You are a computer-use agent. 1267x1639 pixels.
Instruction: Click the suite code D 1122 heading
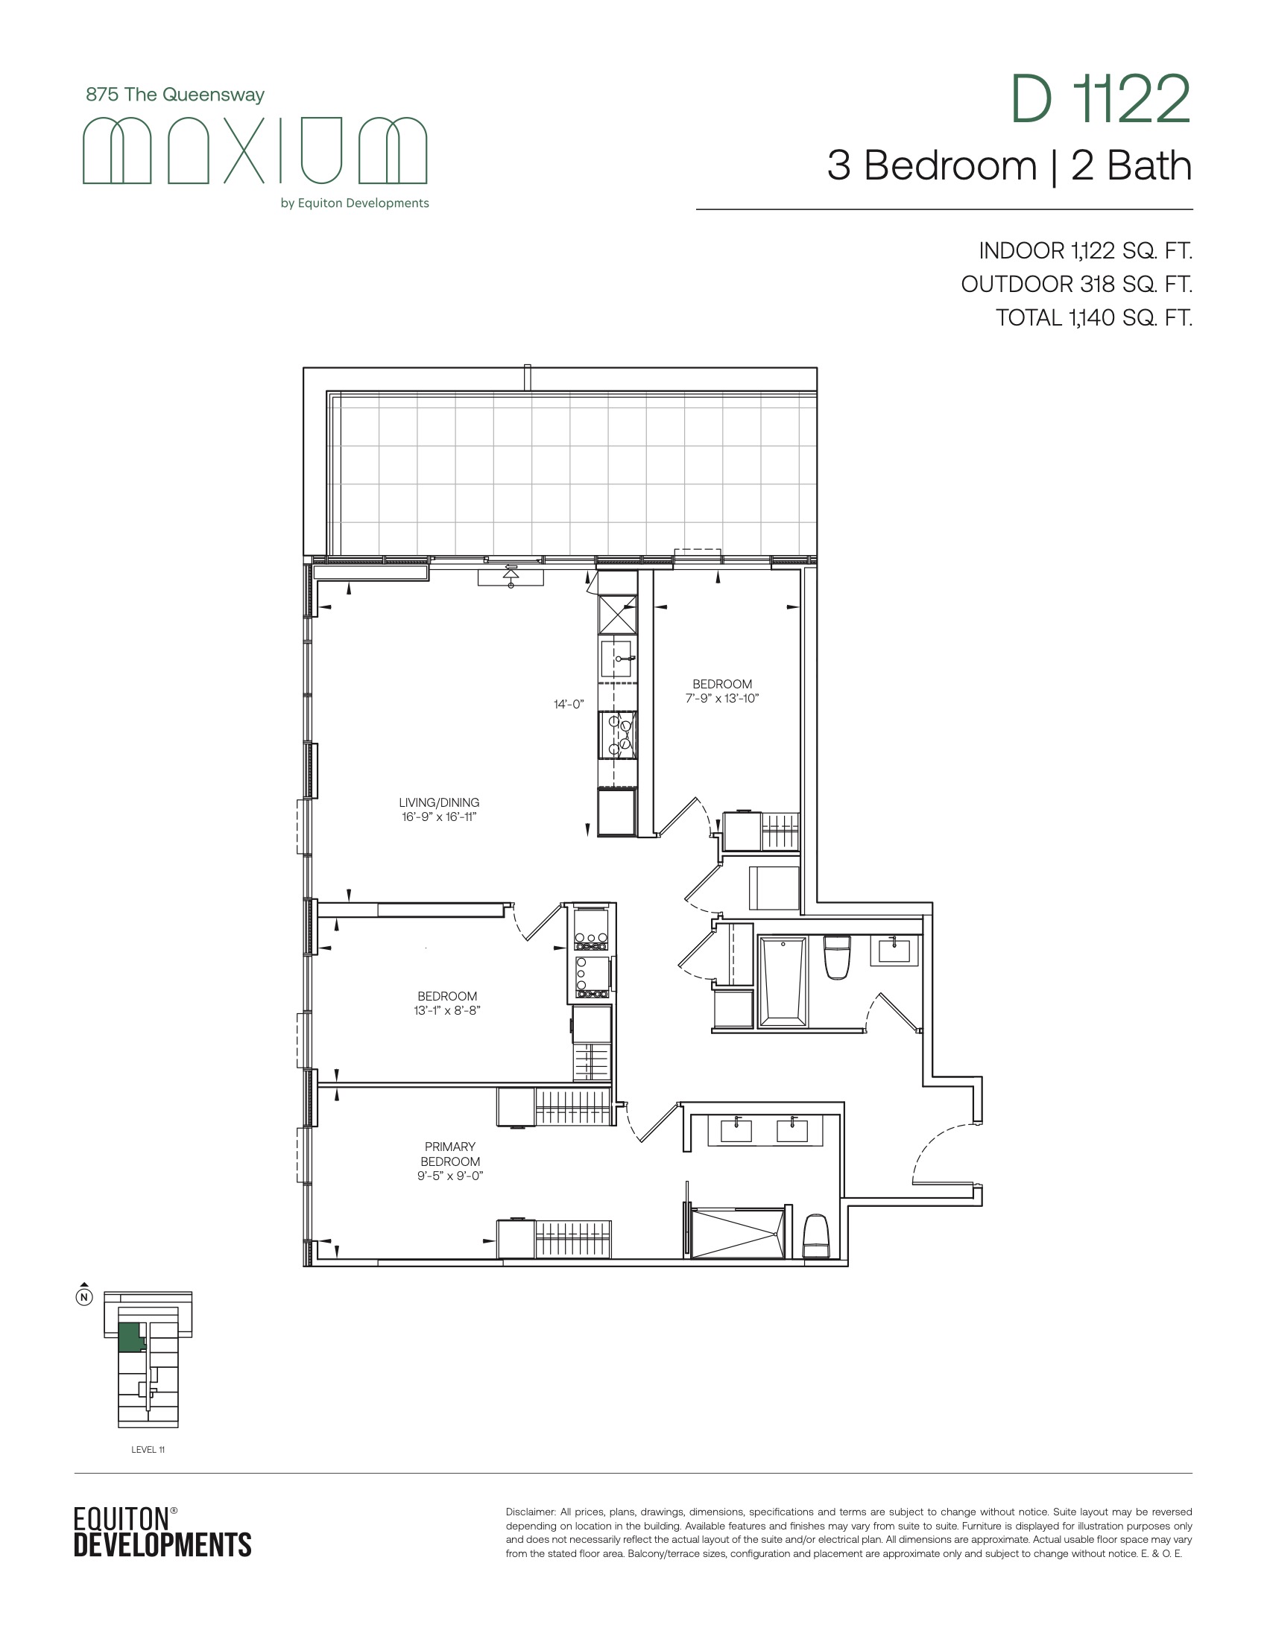[1100, 99]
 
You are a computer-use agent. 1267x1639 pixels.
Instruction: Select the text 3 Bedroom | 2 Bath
[1010, 166]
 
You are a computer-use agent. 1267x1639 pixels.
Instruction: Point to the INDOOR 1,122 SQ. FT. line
[1085, 250]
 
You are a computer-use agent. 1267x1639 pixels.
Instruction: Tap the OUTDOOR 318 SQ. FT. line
[1076, 285]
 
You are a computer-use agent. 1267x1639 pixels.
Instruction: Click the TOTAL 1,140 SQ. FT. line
[1093, 318]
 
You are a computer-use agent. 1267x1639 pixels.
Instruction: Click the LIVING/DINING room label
[439, 802]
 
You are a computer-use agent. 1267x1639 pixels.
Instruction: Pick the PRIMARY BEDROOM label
[450, 1153]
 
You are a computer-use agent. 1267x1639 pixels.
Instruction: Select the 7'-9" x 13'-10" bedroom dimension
[722, 698]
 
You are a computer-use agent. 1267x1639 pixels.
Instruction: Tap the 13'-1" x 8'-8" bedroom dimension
[447, 1010]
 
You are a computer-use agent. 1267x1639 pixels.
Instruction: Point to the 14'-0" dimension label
[569, 704]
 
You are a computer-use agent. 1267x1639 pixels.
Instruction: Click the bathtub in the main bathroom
[782, 981]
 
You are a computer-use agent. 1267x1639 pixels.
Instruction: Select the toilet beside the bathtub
[837, 957]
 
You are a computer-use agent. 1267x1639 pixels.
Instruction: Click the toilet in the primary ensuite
[816, 1236]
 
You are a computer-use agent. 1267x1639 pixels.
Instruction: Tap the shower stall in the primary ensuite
[737, 1232]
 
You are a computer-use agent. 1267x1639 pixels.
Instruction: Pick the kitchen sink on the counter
[617, 659]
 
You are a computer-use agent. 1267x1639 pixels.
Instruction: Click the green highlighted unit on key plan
[130, 1338]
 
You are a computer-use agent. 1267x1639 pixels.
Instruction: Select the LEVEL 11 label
[148, 1449]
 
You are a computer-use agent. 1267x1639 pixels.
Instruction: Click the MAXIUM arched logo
[254, 150]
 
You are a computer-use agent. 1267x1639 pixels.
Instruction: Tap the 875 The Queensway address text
[175, 95]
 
